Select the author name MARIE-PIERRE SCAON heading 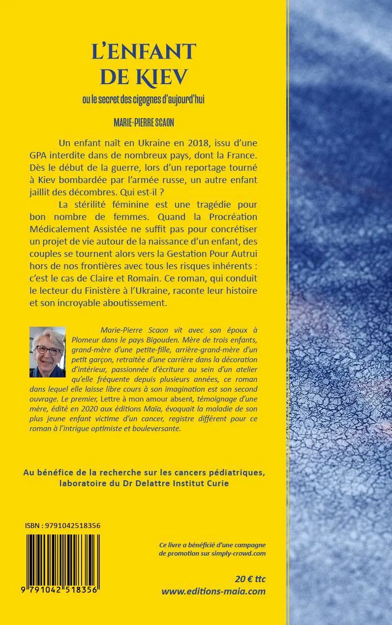(x=143, y=121)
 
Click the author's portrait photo (x=47, y=351)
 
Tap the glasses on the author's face (x=48, y=350)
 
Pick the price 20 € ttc (x=250, y=579)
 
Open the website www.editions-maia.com (x=213, y=591)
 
